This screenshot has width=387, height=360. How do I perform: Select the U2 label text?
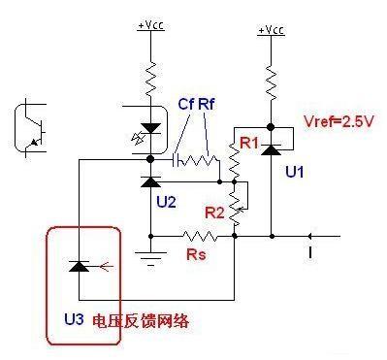166,202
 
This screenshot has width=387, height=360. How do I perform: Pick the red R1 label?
246,145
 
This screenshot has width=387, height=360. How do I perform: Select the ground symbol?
149,255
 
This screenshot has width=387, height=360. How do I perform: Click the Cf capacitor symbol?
177,158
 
